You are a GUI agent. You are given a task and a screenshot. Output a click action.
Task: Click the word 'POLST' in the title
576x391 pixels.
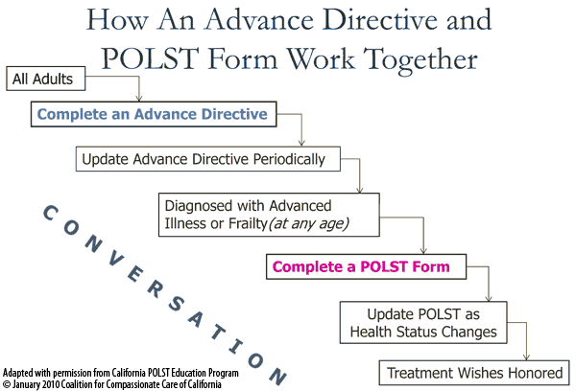(150, 57)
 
